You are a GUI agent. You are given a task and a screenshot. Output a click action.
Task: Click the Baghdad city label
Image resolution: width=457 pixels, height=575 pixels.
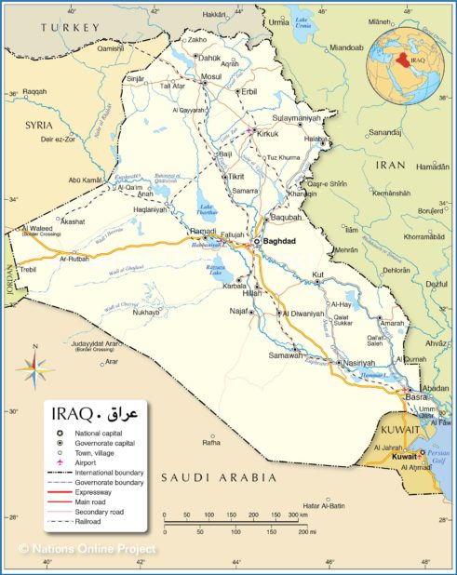click(279, 240)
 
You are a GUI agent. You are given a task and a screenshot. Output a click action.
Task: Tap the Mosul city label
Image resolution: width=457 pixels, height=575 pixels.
click(211, 76)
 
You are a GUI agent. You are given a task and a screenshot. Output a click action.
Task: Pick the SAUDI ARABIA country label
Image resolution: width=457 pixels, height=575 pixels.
click(219, 477)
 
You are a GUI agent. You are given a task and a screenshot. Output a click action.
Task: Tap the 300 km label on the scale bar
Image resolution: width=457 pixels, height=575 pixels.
click(298, 515)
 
